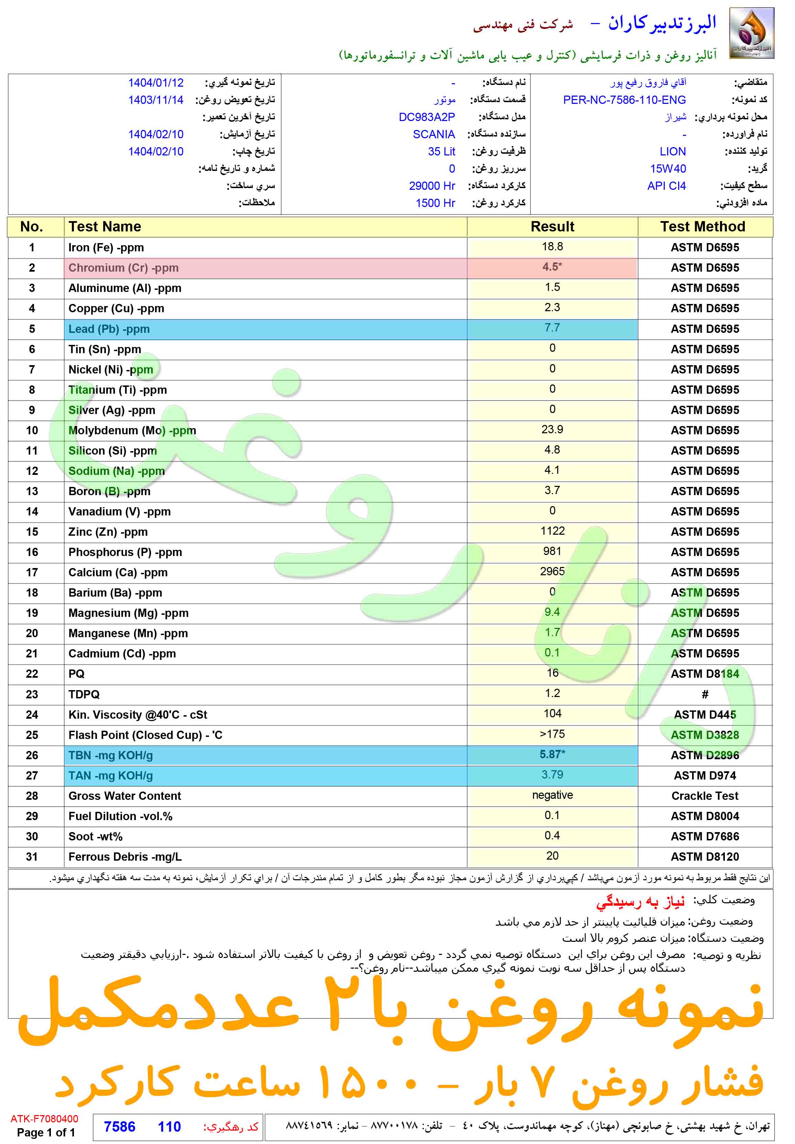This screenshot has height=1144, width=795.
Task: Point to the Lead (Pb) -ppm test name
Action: tap(109, 329)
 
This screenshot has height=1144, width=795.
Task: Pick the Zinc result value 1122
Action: tap(553, 531)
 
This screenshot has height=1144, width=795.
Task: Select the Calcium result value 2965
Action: tap(553, 571)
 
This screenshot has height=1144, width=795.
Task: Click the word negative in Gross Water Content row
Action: tap(553, 795)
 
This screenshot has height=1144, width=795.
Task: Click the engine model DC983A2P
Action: tap(426, 117)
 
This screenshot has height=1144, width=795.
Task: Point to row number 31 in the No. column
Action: tap(32, 857)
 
